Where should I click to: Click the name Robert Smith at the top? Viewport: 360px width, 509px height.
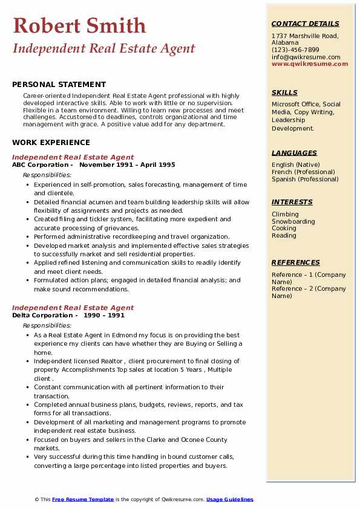coord(79,25)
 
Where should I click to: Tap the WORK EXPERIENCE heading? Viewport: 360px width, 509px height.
coord(51,143)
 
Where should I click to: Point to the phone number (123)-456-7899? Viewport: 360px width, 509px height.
coord(295,50)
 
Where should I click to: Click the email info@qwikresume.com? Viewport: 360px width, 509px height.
coord(306,57)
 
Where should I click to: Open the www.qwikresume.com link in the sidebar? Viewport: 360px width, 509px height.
coord(306,63)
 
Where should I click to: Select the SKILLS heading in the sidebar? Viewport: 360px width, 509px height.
coord(284,92)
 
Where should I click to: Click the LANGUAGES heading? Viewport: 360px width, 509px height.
coord(294,153)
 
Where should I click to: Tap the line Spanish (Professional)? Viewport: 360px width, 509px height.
coord(305,179)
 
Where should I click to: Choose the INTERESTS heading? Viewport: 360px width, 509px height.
coord(292,202)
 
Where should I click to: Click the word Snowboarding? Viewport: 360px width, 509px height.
coord(293,221)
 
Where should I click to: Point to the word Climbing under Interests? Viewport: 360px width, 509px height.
coord(285,214)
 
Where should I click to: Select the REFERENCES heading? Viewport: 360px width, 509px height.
coord(296,262)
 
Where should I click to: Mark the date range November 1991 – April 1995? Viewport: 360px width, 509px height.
coord(127,164)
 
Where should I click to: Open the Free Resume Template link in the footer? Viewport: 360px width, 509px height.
coord(83,499)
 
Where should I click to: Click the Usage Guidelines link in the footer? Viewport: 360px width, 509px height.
coord(230,499)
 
